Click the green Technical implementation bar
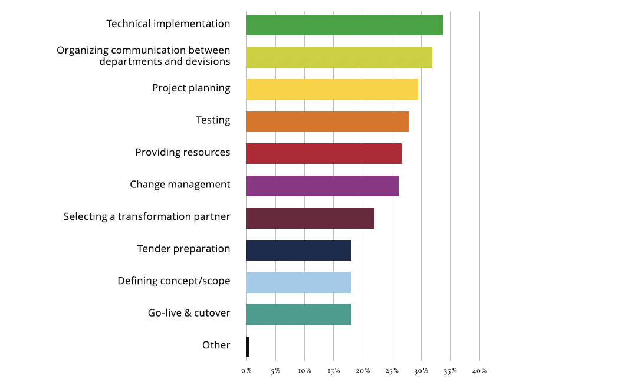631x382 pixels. pos(344,25)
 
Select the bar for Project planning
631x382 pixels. pos(331,89)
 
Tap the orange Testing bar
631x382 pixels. pos(327,121)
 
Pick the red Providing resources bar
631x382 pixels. pos(323,153)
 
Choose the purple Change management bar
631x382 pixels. pos(322,186)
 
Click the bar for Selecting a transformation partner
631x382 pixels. pos(310,218)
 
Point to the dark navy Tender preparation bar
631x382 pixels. pos(298,250)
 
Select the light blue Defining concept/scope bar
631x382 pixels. pos(298,282)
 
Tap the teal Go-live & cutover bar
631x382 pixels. pos(298,314)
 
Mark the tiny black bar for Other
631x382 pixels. pos(248,347)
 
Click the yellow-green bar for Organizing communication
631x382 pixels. pos(338,57)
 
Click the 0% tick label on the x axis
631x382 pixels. pos(247,371)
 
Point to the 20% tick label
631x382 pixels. pos(363,371)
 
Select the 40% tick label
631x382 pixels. pos(479,371)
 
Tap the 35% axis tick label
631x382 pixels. pos(450,371)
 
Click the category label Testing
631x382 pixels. pos(213,120)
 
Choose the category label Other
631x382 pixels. pos(216,345)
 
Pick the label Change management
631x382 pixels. pos(180,185)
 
